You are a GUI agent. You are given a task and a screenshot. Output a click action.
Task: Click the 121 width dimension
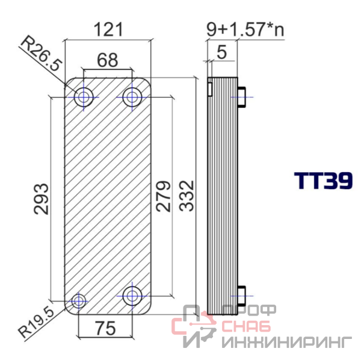[x=108, y=29]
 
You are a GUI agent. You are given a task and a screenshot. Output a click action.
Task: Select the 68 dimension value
[x=108, y=60]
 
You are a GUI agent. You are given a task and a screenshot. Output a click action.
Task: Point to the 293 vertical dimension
[x=42, y=199]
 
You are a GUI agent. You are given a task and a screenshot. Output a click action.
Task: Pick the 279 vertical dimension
[x=163, y=196]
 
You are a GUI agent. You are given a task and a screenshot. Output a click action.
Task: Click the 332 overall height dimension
[x=187, y=196]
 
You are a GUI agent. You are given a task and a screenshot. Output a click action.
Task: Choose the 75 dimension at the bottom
[x=106, y=328]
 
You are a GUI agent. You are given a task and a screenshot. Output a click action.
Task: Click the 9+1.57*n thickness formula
[x=245, y=29]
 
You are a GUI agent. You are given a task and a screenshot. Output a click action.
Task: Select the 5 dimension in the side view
[x=222, y=52]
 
